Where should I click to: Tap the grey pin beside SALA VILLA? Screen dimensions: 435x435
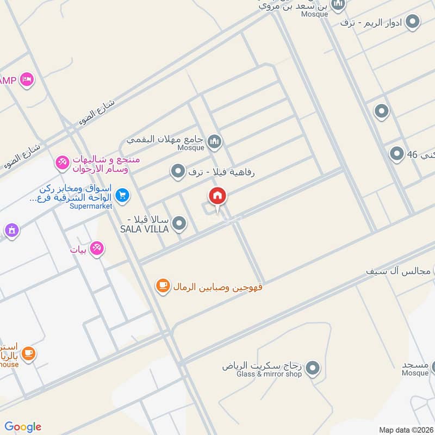[x=179, y=223]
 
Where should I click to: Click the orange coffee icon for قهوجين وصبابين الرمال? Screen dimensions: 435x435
[x=162, y=285]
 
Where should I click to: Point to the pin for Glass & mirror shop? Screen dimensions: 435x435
[x=312, y=369]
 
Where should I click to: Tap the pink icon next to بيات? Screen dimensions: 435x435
[x=97, y=248]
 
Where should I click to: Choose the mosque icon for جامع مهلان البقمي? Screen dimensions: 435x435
[x=214, y=142]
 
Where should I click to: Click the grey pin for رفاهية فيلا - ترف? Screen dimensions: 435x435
[x=177, y=172]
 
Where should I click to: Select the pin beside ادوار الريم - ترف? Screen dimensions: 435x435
[x=413, y=22]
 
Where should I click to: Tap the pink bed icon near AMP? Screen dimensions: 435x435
[x=26, y=80]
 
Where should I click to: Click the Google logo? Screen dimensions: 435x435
[x=23, y=427]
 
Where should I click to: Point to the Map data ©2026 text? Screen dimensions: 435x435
[x=405, y=430]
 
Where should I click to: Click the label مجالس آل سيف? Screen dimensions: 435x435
[x=399, y=270]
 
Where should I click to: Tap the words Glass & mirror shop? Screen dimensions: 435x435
[x=263, y=374]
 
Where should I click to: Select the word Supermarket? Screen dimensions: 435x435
[x=90, y=206]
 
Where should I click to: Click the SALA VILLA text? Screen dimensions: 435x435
[x=144, y=229]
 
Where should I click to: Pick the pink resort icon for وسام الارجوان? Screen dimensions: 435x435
[x=62, y=161]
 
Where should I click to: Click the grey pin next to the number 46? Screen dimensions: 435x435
[x=396, y=154]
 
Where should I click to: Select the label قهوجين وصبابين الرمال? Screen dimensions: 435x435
[x=217, y=286]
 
